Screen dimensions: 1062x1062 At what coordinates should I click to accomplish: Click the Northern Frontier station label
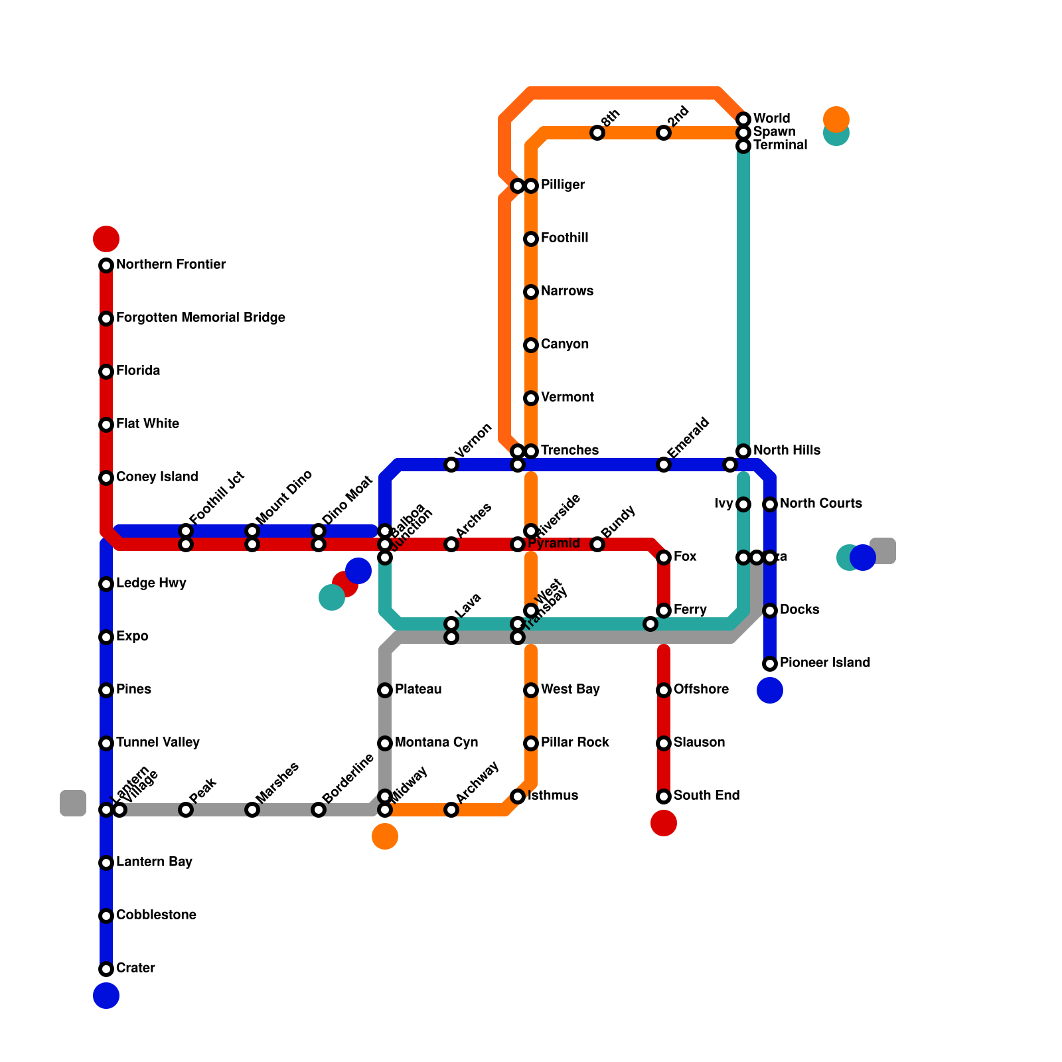point(171,265)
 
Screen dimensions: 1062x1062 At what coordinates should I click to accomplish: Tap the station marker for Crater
point(106,969)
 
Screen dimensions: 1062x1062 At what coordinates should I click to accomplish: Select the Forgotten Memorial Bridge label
point(200,318)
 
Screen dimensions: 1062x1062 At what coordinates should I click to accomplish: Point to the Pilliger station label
point(562,185)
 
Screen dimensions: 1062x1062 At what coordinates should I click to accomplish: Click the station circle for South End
point(664,796)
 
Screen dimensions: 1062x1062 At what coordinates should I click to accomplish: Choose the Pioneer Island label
point(824,663)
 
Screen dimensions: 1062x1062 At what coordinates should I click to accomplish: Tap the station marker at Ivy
point(743,504)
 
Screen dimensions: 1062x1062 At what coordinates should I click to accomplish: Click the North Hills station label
point(787,451)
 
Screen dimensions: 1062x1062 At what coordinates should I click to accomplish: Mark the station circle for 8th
point(597,133)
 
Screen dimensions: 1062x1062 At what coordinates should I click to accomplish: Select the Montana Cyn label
point(436,743)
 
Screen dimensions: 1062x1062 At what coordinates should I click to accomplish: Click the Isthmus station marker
point(518,796)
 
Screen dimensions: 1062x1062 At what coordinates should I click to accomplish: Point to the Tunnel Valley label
point(157,743)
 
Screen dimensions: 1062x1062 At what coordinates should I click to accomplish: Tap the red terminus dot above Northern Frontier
point(106,239)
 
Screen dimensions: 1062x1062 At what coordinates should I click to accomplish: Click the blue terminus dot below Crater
point(106,996)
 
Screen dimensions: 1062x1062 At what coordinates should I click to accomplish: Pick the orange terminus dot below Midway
point(385,836)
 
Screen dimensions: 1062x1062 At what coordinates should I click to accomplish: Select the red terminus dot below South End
point(664,823)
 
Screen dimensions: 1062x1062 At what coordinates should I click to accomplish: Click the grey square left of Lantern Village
point(73,803)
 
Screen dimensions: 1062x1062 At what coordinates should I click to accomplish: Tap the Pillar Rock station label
point(575,743)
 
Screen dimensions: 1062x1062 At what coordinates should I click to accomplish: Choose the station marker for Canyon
point(531,345)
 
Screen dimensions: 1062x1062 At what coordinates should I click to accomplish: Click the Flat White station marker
point(106,425)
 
